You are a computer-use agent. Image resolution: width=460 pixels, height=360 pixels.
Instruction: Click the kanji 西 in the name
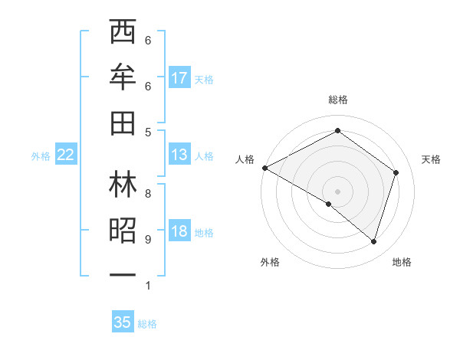[123, 34]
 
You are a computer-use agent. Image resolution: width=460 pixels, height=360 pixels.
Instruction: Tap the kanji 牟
[123, 77]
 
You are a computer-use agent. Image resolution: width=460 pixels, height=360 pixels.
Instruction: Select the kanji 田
[123, 120]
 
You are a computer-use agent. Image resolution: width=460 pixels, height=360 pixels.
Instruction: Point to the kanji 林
[123, 185]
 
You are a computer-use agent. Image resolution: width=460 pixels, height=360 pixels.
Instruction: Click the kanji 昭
[123, 230]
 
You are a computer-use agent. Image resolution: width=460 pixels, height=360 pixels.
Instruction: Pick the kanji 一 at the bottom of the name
[123, 273]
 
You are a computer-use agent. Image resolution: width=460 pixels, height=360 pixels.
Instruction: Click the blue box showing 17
[179, 77]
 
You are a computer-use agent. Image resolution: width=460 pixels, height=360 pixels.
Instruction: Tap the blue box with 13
[179, 155]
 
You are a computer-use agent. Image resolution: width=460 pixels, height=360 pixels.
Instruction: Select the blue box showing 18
[179, 232]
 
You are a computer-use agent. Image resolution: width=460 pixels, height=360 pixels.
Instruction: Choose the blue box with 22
[66, 155]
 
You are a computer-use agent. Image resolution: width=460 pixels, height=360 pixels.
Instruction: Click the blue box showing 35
[123, 322]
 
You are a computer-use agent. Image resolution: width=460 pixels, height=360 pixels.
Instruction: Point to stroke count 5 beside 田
[148, 132]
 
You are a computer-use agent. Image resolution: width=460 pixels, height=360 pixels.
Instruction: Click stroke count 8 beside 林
[148, 193]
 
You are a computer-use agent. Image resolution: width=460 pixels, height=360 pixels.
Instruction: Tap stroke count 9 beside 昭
[148, 240]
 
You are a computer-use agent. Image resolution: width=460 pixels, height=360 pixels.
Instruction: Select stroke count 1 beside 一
[148, 286]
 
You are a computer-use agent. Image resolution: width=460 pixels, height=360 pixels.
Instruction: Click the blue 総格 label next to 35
[147, 324]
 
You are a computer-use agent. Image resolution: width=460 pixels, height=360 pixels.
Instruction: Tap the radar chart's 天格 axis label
[432, 159]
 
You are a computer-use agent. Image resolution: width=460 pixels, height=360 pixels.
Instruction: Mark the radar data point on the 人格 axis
[264, 167]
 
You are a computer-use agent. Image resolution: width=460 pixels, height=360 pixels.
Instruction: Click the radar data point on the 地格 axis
[373, 241]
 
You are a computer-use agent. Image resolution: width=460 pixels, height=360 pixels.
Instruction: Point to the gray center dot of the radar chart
[337, 191]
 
